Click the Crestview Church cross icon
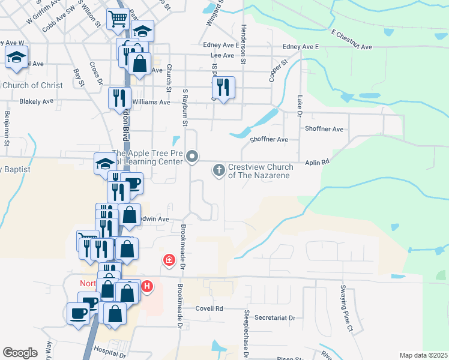219,171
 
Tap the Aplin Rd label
318,162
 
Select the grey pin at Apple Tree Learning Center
193,157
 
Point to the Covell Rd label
209,308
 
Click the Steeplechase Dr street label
246,331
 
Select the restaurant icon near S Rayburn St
223,88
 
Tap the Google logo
20,353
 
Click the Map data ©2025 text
423,355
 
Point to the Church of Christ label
32,85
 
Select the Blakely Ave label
37,101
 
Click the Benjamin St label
7,126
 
